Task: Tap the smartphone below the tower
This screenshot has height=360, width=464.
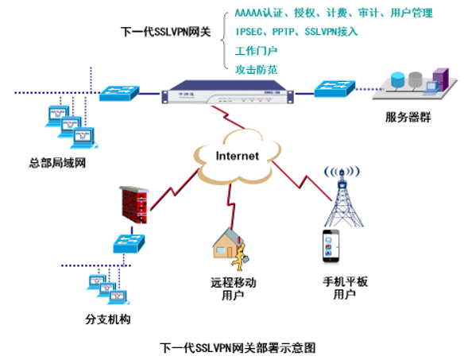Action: (x=332, y=246)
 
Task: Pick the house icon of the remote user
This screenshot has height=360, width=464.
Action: (x=229, y=243)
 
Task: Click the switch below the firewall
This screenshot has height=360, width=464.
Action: (x=130, y=245)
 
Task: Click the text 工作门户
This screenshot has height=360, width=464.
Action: (x=257, y=50)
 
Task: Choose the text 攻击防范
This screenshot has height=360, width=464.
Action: (x=257, y=68)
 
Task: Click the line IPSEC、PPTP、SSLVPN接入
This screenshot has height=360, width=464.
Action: (x=296, y=32)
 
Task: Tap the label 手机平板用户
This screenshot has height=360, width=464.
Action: (x=342, y=288)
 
